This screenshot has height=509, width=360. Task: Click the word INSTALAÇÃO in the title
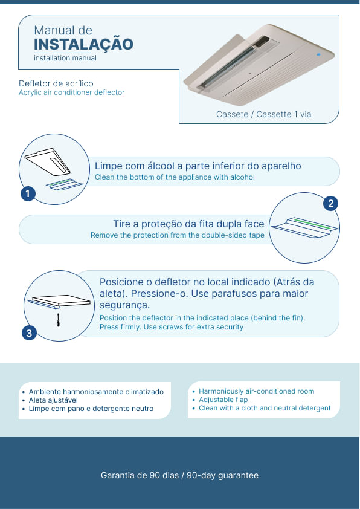point(84,45)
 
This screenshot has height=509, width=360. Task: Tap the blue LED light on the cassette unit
point(318,55)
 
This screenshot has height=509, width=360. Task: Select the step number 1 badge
point(28,194)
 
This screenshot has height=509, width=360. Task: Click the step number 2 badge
point(331,204)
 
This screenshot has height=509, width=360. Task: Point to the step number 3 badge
point(29,333)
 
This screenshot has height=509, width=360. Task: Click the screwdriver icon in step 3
point(59,320)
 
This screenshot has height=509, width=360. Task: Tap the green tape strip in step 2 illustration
point(313,224)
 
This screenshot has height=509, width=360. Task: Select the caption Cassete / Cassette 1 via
point(264,114)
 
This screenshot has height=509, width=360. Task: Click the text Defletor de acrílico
point(56,83)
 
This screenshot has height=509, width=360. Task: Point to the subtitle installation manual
point(65,58)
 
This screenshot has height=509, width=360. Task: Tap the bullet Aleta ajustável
point(53,400)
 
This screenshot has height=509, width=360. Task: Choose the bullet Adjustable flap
point(223,400)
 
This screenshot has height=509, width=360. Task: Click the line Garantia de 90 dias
point(140,475)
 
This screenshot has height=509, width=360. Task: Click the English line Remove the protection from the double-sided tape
point(178,235)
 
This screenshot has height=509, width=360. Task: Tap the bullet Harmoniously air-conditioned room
point(256,391)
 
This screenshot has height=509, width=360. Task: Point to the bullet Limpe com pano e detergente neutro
point(91,409)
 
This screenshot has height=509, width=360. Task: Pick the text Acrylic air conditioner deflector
point(72,92)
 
